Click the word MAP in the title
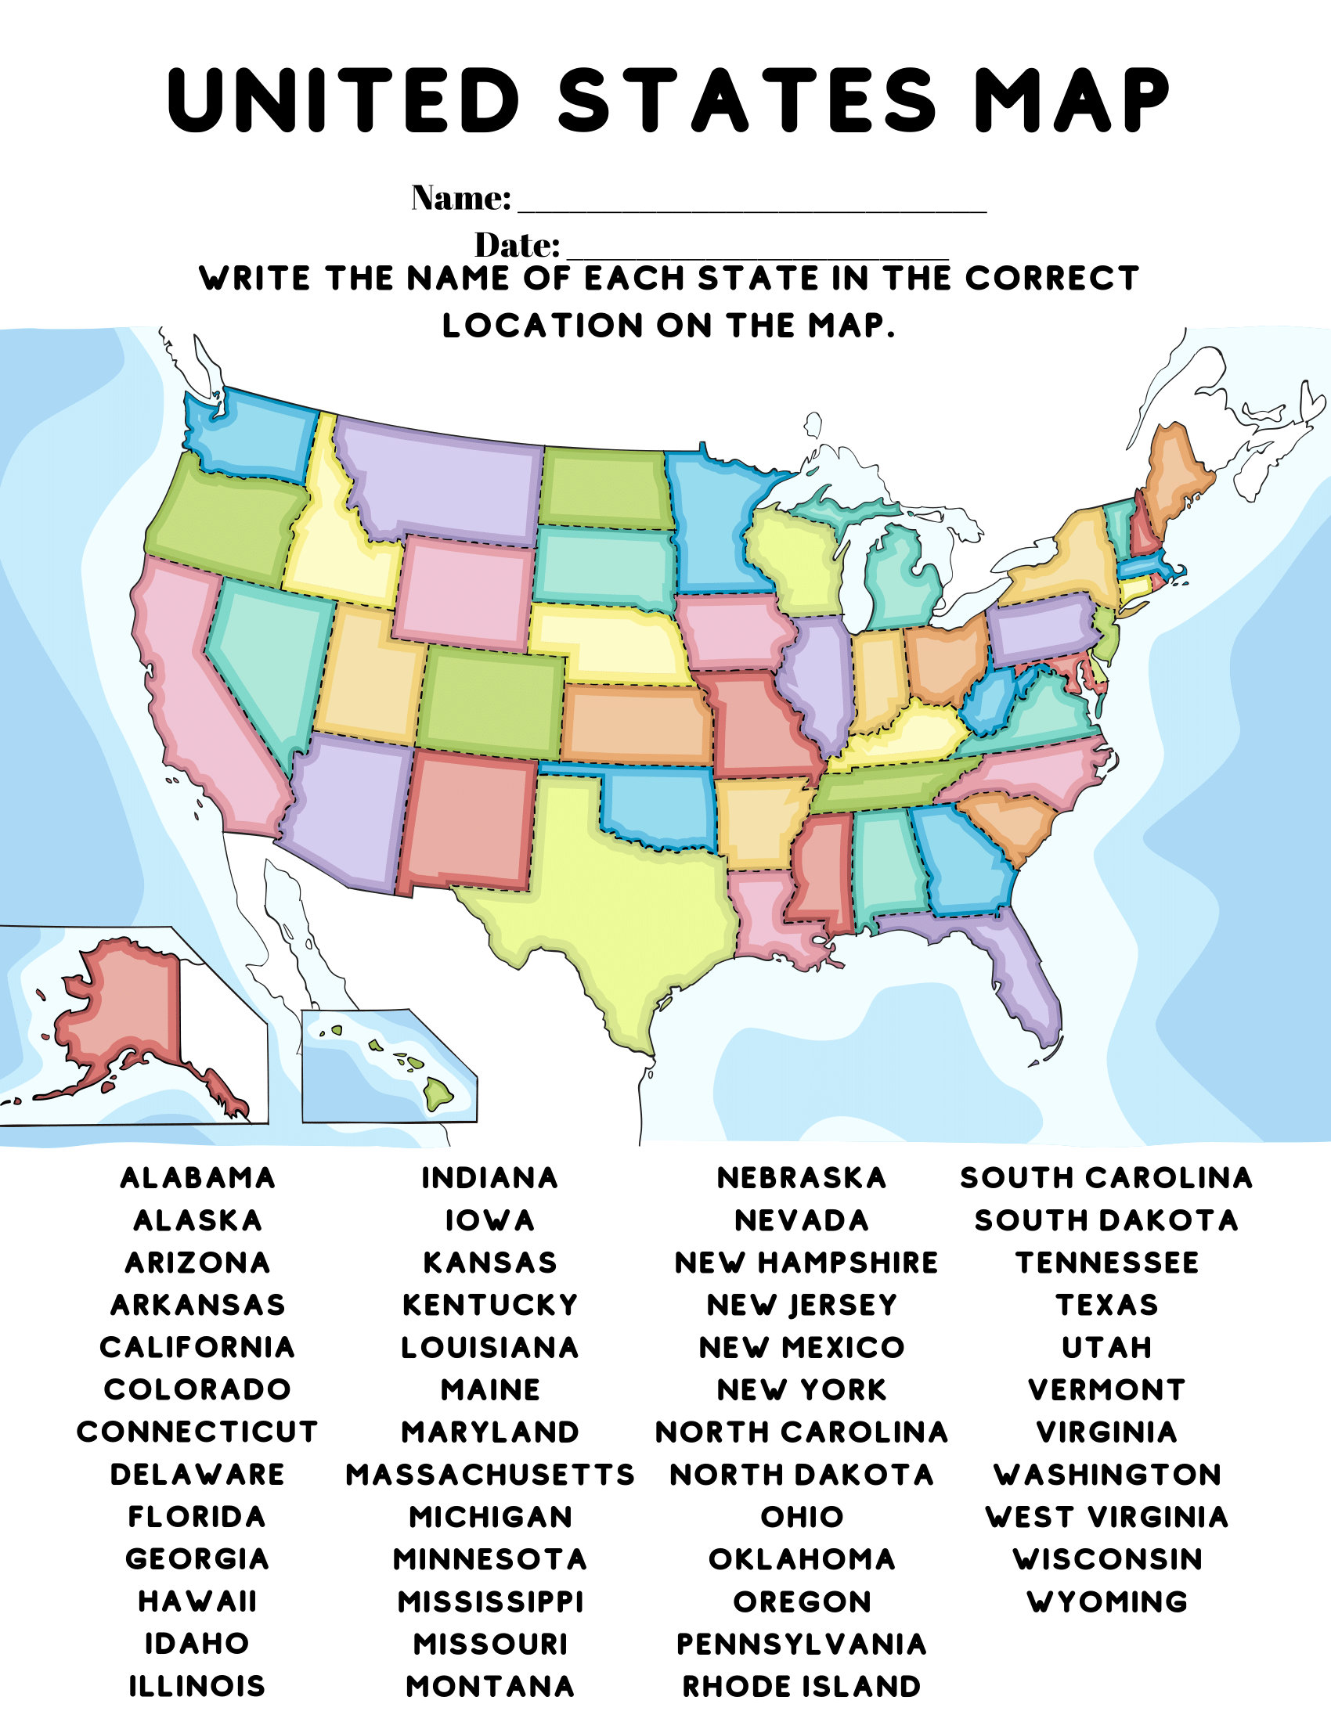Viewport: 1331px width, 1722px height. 1072,100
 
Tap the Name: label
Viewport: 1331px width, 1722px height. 461,198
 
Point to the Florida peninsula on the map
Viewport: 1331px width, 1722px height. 1025,985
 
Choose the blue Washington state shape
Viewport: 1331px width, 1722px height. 252,434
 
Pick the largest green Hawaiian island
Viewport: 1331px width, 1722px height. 438,1093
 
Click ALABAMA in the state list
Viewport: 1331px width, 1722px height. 197,1178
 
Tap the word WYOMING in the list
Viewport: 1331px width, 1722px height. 1107,1602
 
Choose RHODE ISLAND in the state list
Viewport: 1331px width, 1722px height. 801,1687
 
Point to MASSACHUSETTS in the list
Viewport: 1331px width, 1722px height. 489,1475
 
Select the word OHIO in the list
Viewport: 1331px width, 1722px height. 801,1517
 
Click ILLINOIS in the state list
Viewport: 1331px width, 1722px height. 197,1687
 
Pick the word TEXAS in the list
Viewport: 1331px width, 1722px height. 1107,1305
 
